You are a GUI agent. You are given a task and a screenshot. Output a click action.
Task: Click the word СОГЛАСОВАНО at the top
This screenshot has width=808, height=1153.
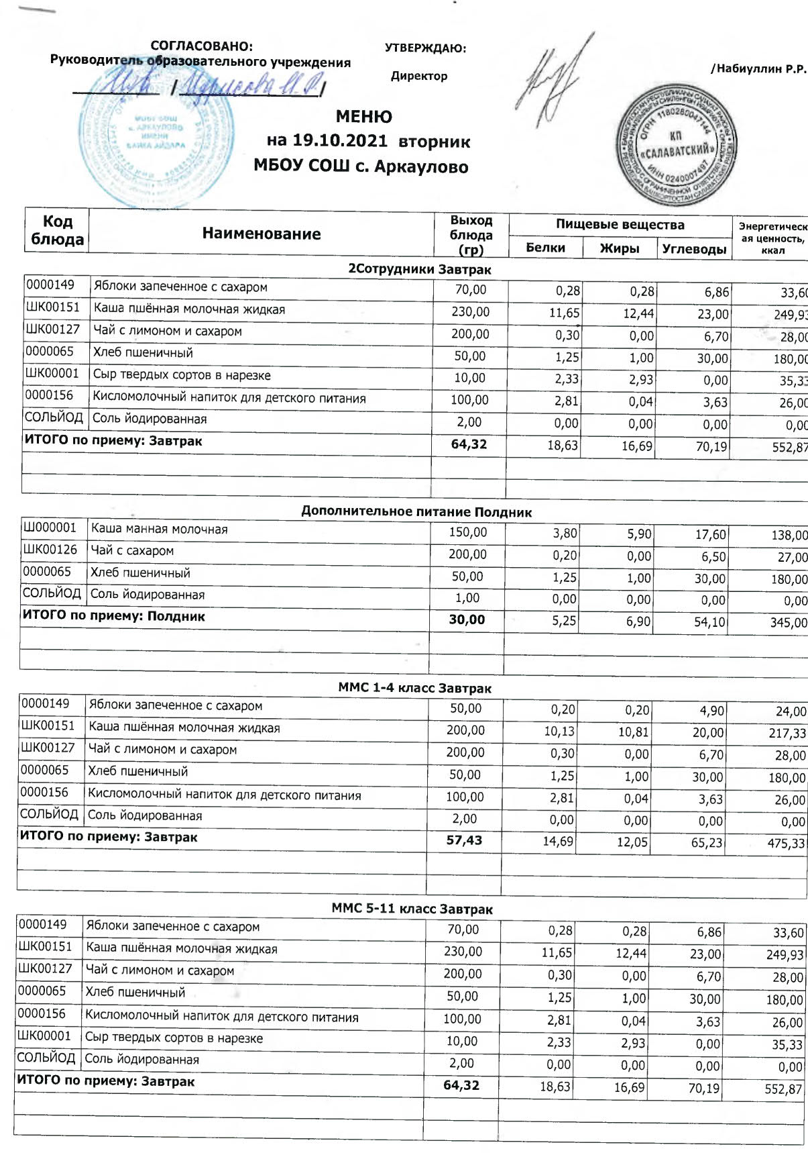click(201, 46)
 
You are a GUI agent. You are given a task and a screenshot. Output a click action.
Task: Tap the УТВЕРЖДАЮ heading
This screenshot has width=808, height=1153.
click(425, 48)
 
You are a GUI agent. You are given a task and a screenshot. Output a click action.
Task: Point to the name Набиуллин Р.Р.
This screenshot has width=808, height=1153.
click(759, 69)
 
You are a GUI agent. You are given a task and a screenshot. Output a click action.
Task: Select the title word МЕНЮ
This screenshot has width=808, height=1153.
click(363, 117)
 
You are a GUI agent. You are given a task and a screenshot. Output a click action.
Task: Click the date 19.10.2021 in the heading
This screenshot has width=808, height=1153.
click(340, 142)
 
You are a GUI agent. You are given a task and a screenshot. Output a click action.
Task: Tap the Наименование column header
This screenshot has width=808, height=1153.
click(262, 234)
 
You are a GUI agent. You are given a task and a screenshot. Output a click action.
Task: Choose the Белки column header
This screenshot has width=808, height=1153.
click(545, 248)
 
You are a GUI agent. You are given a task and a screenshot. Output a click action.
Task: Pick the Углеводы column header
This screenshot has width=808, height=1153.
click(694, 249)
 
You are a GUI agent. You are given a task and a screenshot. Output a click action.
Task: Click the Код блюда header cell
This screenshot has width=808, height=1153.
click(57, 230)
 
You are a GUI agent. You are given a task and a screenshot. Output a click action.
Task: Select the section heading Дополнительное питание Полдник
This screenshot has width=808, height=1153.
click(416, 512)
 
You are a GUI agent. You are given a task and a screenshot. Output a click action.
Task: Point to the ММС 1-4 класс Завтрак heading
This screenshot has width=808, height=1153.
click(414, 688)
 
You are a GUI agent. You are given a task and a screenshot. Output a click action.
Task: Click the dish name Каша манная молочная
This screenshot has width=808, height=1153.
click(159, 529)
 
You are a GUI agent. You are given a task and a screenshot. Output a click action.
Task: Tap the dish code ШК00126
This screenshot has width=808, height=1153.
click(50, 550)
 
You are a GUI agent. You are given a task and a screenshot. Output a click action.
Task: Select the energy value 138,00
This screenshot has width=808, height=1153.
click(789, 536)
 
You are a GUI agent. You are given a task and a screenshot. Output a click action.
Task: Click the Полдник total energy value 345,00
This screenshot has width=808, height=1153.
click(789, 623)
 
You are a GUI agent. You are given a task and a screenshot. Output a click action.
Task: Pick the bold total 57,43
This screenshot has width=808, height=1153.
click(464, 840)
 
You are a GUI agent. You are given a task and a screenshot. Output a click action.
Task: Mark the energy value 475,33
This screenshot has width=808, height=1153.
click(786, 843)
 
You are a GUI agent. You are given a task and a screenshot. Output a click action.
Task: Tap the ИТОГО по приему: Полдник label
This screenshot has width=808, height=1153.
click(114, 616)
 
